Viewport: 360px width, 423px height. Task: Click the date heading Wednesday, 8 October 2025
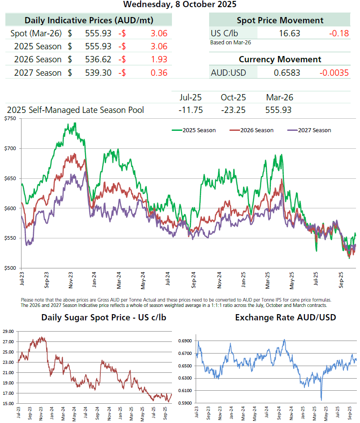coord(180,4)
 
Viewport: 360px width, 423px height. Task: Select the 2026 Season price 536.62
coord(98,59)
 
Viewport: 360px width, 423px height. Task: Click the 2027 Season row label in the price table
coord(38,73)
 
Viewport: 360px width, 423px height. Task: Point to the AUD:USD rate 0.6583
coord(287,73)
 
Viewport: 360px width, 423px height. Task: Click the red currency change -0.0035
coord(334,73)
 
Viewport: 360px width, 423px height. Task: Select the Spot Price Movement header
coord(280,20)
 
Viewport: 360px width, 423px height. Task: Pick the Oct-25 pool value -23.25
coord(233,110)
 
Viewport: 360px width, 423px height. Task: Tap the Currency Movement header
coord(280,59)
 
